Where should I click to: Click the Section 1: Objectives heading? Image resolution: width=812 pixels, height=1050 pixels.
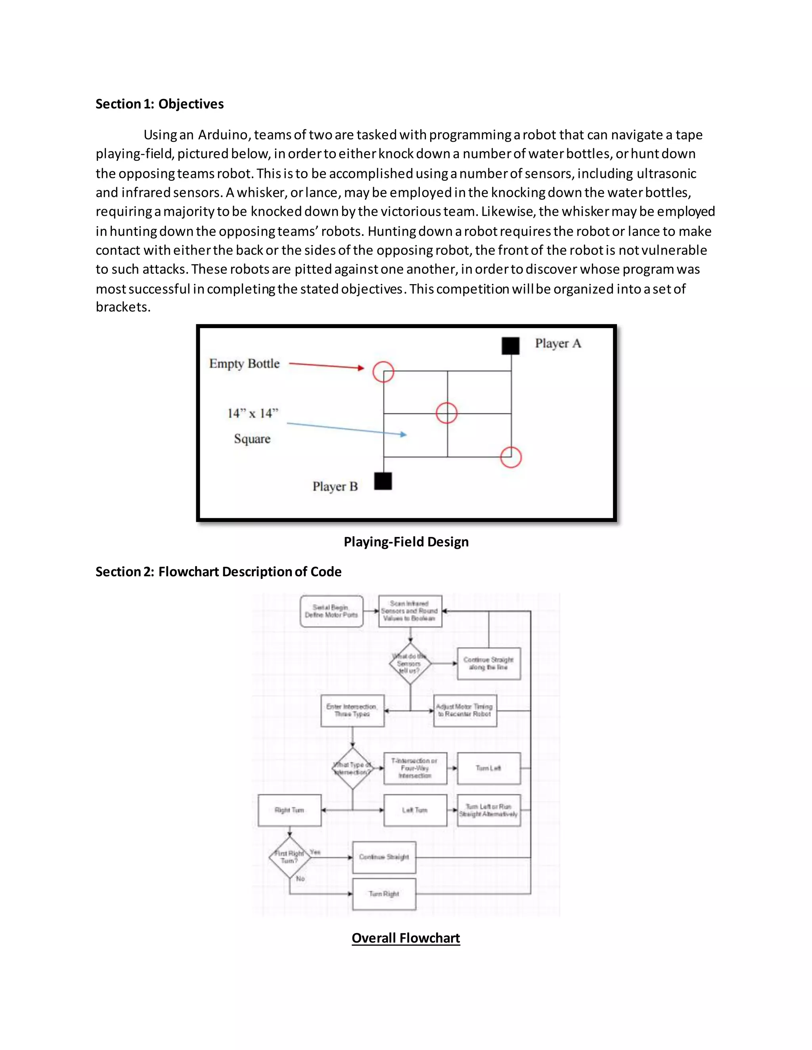tap(159, 104)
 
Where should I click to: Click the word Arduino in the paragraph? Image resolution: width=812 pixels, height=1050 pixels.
tap(222, 135)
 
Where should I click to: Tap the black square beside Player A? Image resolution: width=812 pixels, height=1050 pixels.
tap(510, 346)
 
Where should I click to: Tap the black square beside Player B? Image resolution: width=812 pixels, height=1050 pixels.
tap(383, 481)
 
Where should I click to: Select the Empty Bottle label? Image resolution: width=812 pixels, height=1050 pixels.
tap(244, 363)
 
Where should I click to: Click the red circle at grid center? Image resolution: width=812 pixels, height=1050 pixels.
tap(446, 413)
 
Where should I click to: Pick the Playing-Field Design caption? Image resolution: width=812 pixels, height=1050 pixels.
tap(406, 542)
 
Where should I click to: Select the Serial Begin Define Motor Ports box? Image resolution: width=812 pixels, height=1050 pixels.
tap(331, 611)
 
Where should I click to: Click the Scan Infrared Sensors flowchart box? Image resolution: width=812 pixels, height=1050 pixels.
tap(410, 611)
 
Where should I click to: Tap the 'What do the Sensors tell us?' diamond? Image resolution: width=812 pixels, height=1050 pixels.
tap(410, 663)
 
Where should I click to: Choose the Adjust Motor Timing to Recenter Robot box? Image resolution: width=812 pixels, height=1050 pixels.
tap(465, 710)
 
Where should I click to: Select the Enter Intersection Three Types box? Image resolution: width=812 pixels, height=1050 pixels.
tap(352, 710)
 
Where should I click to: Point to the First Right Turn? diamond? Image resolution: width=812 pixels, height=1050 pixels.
tap(289, 857)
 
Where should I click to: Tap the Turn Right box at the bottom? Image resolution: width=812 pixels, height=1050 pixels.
tap(384, 894)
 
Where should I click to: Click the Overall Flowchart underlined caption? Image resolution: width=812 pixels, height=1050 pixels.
tap(406, 938)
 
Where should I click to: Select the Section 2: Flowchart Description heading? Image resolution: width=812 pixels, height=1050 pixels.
tap(218, 572)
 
